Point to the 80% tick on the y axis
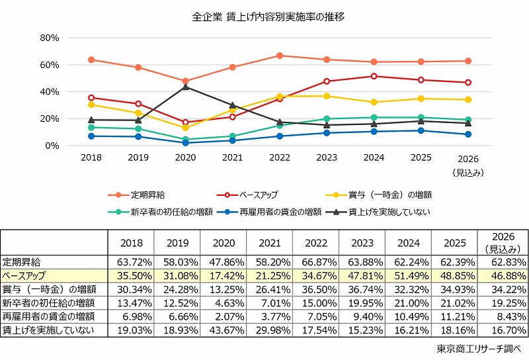coord(50,38)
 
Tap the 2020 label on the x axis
coord(186,159)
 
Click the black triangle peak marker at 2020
coord(186,87)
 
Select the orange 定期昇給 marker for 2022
coord(280,56)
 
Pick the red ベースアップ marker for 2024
coord(374,76)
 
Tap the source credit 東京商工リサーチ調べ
coord(479,349)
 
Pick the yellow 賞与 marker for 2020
coord(186,128)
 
